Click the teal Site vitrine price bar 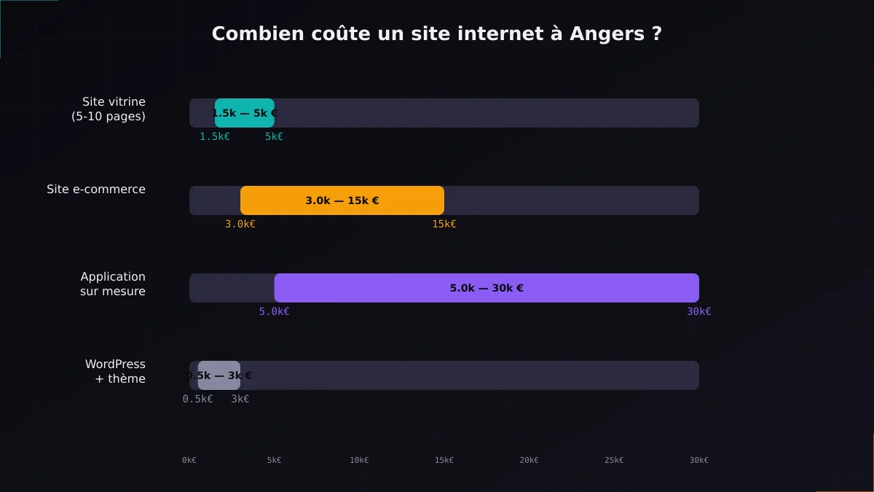pos(245,113)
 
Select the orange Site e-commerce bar pos(342,200)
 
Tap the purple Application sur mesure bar pos(487,288)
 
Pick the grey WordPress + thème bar pos(219,375)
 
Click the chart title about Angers pos(437,34)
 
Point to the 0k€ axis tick pos(189,460)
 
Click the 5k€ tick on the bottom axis pos(274,460)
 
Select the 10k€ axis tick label pos(359,460)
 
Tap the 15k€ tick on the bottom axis pos(444,460)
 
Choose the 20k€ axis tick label pos(529,460)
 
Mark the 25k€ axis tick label pos(614,460)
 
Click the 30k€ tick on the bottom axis pos(699,460)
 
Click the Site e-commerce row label pos(96,190)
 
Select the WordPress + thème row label pos(115,372)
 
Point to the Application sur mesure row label pos(113,284)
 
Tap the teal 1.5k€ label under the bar pos(215,137)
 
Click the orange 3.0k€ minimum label pos(240,224)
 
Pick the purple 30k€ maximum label pos(699,312)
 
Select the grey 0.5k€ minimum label pos(197,399)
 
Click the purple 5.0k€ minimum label pos(274,312)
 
